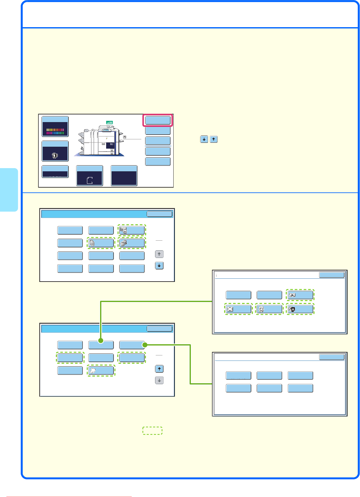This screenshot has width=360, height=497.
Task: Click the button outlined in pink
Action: point(158,120)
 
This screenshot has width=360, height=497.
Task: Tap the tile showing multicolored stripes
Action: point(55,127)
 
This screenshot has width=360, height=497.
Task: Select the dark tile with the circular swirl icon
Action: point(55,151)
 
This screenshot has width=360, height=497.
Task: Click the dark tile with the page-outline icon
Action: point(90,175)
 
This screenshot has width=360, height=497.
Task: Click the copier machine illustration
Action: point(99,141)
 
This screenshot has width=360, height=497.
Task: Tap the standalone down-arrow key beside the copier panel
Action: point(204,139)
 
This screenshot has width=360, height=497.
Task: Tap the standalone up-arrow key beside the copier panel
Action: point(214,139)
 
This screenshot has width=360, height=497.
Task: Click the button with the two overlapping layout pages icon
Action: point(132,230)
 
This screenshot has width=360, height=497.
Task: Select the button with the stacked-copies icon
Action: point(101,243)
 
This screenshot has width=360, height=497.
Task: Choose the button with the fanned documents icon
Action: point(132,243)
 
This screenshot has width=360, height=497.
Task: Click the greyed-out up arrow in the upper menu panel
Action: point(159,254)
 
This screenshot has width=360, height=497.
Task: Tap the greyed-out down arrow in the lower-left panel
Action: point(159,380)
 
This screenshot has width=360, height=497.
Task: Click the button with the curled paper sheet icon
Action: point(101,371)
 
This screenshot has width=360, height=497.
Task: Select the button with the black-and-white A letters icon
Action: point(300,309)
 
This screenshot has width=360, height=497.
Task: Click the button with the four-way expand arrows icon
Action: point(238,309)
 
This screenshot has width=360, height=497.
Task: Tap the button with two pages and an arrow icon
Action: point(300,295)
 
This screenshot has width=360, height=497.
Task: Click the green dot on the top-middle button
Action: point(101,341)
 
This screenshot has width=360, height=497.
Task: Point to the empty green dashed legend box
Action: point(153,431)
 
